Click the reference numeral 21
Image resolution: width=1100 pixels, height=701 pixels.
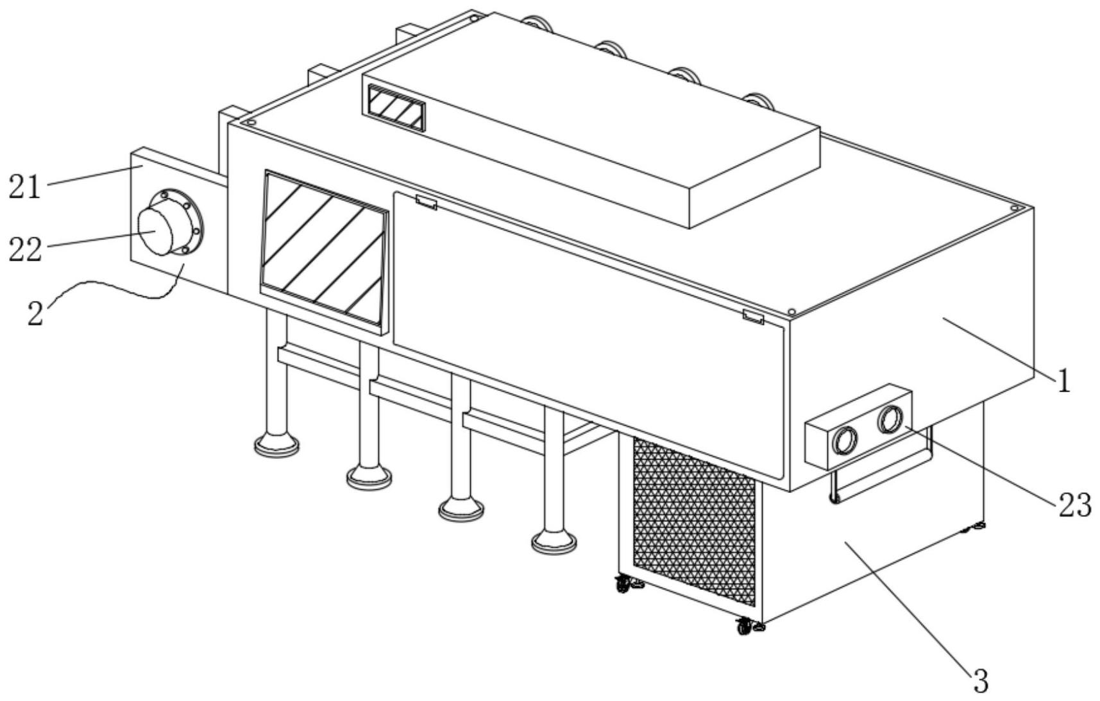[24, 187]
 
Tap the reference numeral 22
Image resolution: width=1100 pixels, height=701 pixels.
[25, 250]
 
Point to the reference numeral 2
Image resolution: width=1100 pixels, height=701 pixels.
[36, 313]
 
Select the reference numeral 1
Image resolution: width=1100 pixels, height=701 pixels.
[1064, 381]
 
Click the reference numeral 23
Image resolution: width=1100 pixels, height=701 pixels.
[1074, 506]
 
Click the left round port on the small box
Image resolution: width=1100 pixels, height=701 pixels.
[844, 440]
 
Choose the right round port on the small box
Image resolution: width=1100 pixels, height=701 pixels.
[890, 420]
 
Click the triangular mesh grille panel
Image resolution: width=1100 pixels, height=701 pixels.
[694, 522]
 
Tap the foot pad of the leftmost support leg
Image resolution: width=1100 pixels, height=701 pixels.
[276, 444]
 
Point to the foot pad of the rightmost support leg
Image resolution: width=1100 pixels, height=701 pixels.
[554, 542]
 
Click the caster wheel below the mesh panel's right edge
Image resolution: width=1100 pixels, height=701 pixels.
[746, 626]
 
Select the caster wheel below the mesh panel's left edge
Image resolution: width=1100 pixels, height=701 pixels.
[623, 584]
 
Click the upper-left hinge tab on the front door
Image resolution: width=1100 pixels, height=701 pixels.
[426, 202]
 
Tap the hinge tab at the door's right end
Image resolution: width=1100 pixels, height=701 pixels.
[754, 316]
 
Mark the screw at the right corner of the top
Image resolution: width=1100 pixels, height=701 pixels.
[1015, 208]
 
